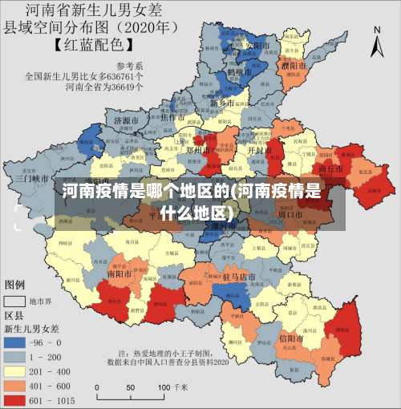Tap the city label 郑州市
(219, 148)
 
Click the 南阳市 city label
(119, 273)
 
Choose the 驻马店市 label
(238, 277)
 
